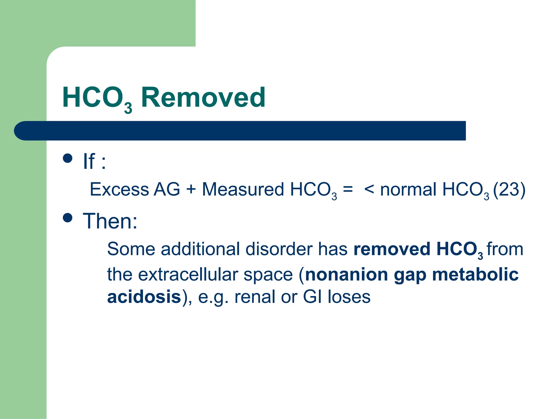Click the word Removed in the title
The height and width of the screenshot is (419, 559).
click(x=203, y=97)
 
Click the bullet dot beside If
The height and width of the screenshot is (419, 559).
click(x=67, y=158)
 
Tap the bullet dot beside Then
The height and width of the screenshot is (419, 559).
click(x=67, y=218)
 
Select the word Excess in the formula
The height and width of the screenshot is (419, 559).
click(x=119, y=189)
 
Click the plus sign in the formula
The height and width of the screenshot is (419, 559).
click(x=191, y=189)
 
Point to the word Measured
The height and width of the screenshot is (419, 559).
click(x=243, y=189)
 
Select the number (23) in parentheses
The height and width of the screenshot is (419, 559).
click(x=509, y=189)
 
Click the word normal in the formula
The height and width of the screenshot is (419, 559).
click(x=408, y=189)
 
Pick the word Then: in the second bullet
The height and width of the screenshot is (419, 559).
click(x=110, y=221)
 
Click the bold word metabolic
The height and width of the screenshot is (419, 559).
click(x=475, y=274)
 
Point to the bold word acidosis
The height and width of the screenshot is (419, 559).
click(x=144, y=297)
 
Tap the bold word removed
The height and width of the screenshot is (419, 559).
click(x=392, y=249)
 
